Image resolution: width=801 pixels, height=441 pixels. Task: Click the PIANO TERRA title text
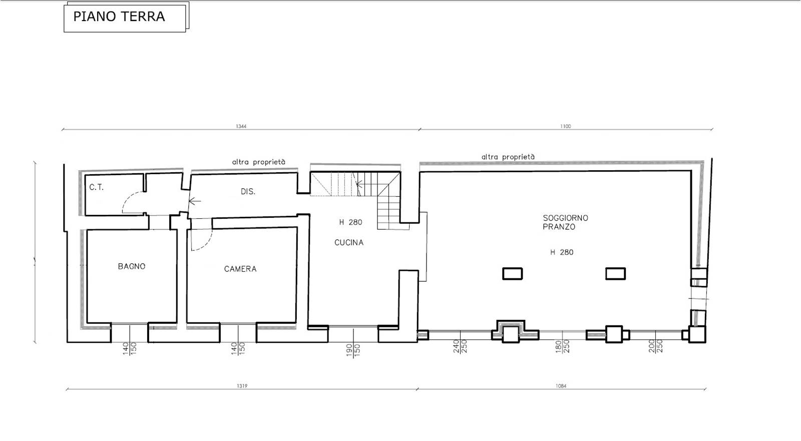click(119, 17)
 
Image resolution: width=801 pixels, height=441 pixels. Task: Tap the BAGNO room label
click(132, 266)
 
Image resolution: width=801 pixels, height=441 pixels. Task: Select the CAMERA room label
click(240, 269)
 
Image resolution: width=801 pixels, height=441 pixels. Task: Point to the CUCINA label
click(349, 242)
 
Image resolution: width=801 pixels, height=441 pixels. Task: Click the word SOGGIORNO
click(565, 218)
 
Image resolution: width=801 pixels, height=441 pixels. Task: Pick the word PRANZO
click(559, 227)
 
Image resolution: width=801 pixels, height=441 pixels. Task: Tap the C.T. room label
click(96, 187)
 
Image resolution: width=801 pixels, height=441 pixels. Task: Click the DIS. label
click(248, 192)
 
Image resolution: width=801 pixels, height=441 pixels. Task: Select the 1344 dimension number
click(241, 126)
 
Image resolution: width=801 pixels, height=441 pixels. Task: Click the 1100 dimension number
click(566, 126)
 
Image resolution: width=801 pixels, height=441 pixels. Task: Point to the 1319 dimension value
click(242, 386)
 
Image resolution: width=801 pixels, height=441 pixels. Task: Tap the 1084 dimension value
click(561, 386)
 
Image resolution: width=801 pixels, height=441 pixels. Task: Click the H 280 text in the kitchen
click(351, 222)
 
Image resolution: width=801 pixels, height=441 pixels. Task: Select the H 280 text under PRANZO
click(562, 252)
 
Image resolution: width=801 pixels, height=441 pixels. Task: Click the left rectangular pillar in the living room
click(513, 274)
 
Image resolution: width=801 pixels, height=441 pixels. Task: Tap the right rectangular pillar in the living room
click(615, 274)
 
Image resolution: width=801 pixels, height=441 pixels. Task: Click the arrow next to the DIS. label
click(195, 201)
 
